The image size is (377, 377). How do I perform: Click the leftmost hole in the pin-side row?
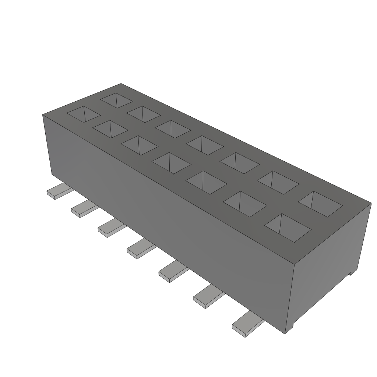point(83,114)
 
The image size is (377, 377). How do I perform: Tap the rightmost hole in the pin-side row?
point(288,227)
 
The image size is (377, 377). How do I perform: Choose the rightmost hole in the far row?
point(320,203)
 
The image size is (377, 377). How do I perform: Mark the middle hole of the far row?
point(205,145)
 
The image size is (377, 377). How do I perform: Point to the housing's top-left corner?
point(43,115)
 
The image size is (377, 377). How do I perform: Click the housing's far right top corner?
point(371,202)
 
